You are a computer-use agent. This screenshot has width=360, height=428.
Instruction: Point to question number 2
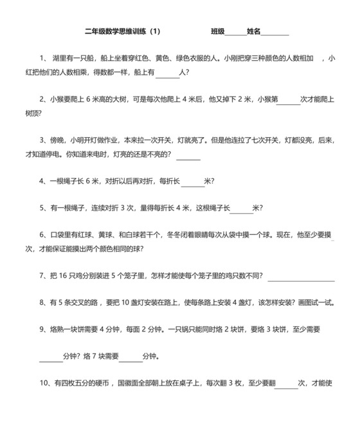point(42,100)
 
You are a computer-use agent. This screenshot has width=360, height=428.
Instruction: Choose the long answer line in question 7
point(301,279)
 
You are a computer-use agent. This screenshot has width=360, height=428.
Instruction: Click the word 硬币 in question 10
point(96,384)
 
